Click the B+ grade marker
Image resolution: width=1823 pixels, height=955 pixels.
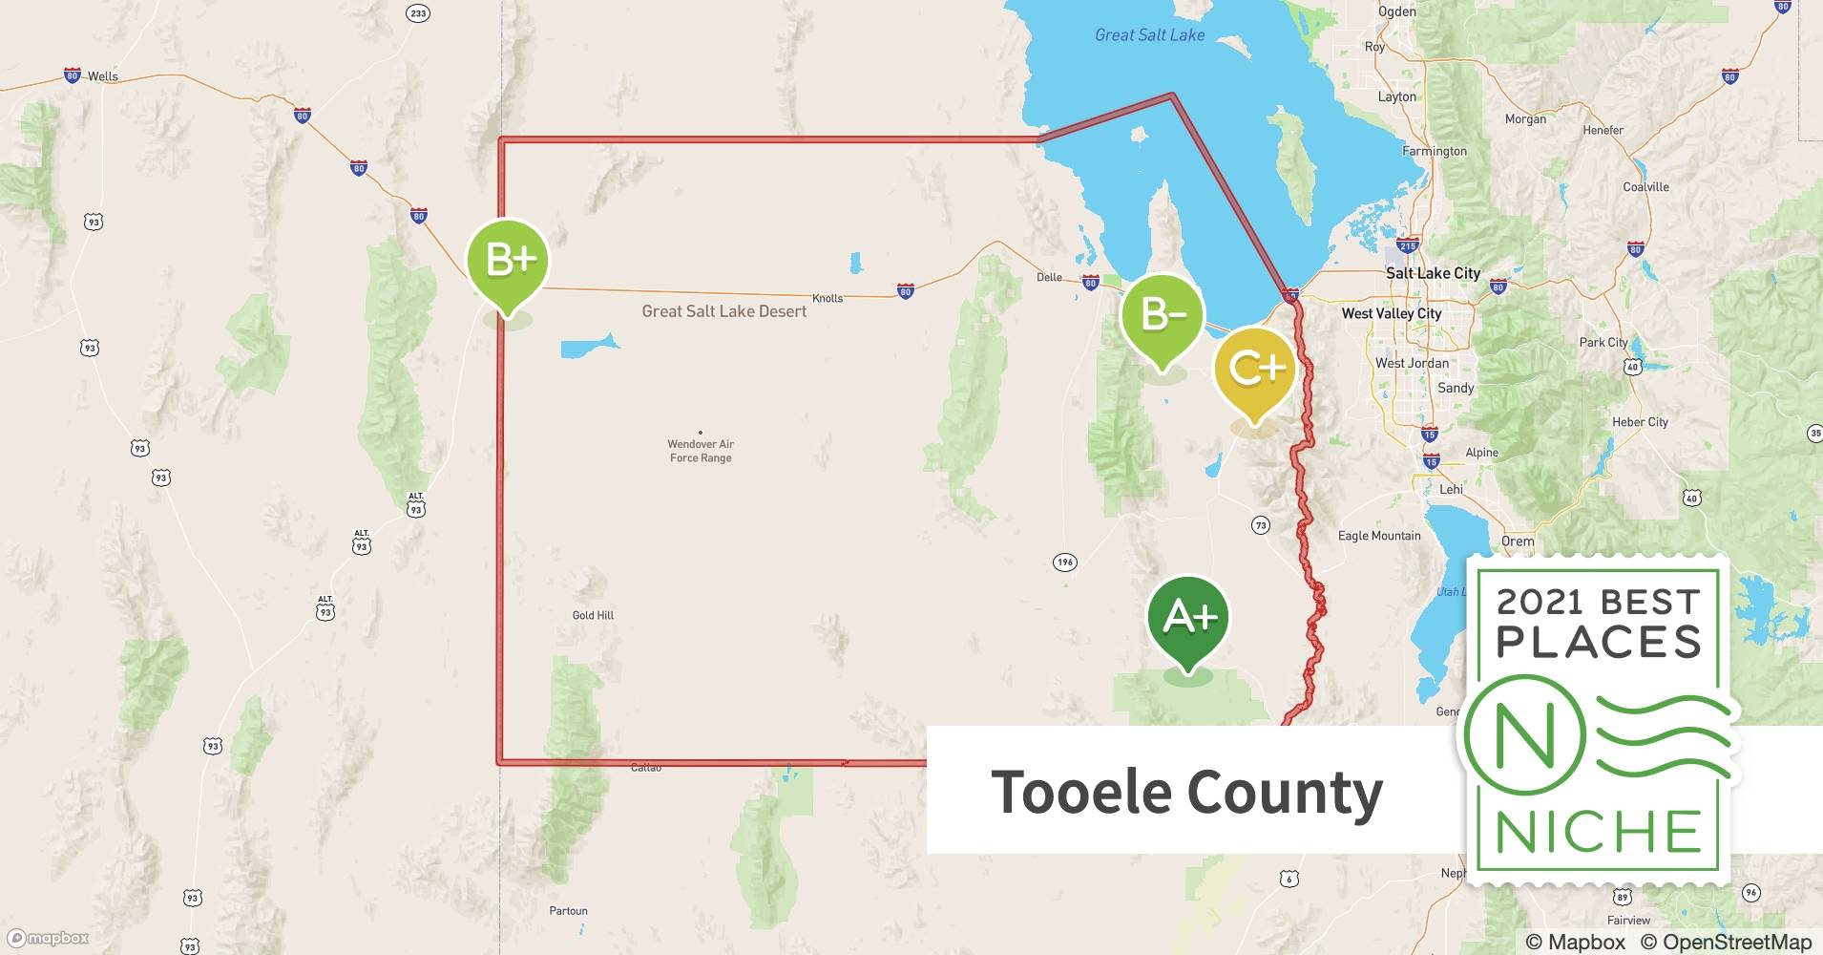pos(507,261)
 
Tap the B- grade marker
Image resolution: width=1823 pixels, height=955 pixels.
pos(1162,314)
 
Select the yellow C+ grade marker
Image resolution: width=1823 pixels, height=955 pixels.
pos(1255,369)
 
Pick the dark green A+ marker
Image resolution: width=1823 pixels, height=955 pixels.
pos(1188,618)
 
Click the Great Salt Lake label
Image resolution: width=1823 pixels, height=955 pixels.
pos(1149,35)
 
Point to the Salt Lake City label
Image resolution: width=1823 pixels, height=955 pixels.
pos(1432,273)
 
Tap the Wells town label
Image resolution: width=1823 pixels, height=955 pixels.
pos(102,76)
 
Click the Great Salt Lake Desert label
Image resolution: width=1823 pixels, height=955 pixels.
pos(723,311)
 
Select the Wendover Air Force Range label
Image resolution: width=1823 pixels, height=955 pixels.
pos(701,451)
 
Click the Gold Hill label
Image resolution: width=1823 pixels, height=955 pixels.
pos(593,615)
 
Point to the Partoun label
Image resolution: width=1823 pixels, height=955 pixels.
pos(568,911)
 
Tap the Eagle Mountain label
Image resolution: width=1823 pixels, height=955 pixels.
pos(1378,536)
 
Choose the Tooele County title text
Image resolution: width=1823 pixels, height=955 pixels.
pos(1186,792)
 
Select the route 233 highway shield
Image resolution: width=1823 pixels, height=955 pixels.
pos(417,13)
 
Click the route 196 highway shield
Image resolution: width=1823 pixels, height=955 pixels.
pos(1065,562)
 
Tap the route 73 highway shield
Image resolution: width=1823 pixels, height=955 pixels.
pos(1261,525)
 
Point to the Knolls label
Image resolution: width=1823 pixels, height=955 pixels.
pos(828,298)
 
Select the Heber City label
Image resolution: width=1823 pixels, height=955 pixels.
pos(1640,422)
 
